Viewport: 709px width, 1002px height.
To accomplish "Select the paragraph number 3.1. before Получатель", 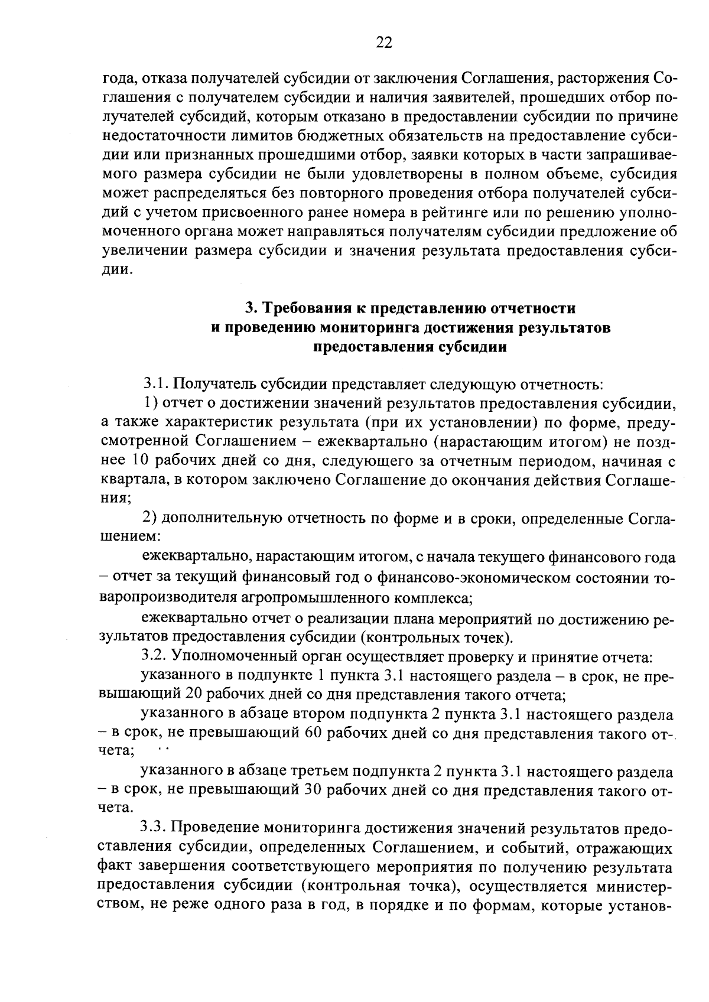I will tap(155, 385).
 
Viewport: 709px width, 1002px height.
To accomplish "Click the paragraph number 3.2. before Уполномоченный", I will tap(155, 657).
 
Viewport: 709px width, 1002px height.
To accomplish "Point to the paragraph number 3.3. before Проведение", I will tap(155, 829).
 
